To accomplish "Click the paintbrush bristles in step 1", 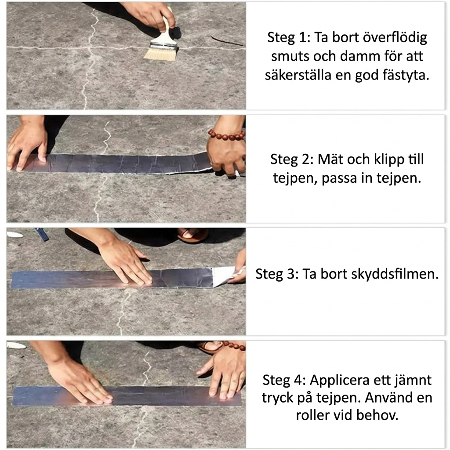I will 160,54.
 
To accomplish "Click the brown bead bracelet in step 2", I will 226,134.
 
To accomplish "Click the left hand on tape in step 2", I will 26,145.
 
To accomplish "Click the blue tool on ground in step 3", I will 42,234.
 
